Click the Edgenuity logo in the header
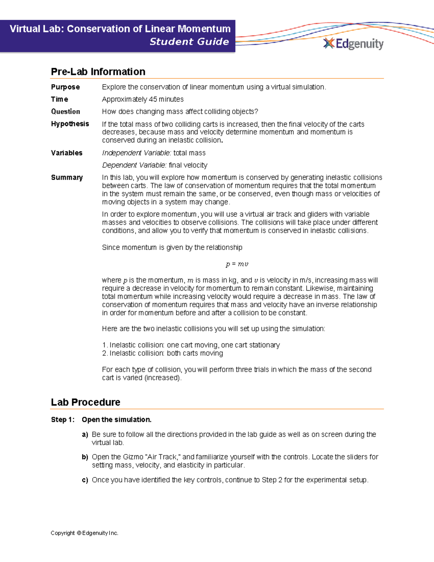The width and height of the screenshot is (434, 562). [353, 44]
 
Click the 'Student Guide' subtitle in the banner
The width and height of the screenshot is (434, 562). [189, 42]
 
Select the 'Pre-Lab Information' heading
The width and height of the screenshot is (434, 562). [98, 72]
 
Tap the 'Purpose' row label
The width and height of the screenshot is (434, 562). [65, 87]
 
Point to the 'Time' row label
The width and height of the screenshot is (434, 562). [59, 99]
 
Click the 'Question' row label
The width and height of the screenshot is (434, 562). [65, 111]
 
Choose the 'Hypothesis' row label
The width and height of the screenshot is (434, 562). [70, 124]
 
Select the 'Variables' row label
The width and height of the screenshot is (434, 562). [67, 153]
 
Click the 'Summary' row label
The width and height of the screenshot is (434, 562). [67, 177]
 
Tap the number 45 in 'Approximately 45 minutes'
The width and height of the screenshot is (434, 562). [153, 99]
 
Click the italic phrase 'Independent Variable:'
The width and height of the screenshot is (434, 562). [136, 153]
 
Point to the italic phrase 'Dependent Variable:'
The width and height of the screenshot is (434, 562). [134, 165]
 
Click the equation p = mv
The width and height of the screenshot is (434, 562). [237, 264]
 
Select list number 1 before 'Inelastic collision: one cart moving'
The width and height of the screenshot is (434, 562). [104, 345]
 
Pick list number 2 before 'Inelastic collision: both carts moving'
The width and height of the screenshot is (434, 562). [104, 353]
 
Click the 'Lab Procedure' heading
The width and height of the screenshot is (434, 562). [85, 402]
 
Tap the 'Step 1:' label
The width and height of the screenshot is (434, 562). [63, 419]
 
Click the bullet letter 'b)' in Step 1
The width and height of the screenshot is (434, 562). [85, 457]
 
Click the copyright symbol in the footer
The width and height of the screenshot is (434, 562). [78, 533]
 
